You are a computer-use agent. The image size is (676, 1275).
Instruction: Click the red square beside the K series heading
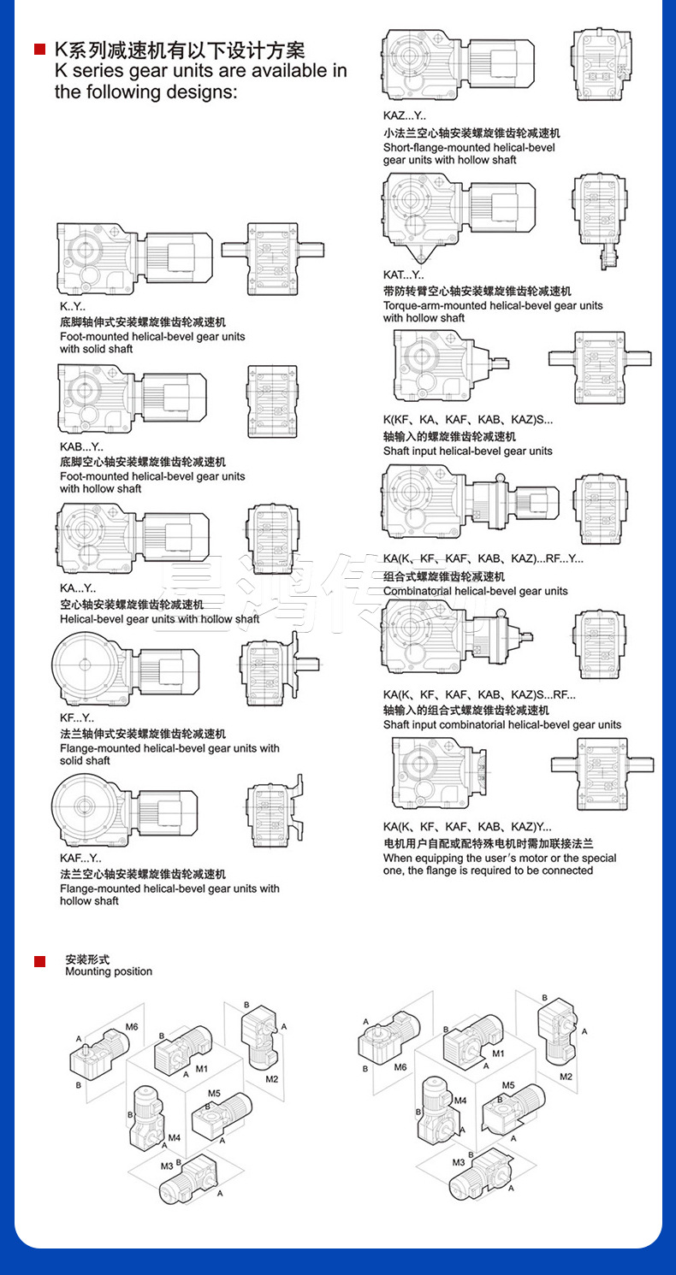39,50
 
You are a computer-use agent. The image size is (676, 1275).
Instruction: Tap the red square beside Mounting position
39,962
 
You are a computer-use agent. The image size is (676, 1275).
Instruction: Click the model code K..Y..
73,307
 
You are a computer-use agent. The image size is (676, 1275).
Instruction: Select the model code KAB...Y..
81,447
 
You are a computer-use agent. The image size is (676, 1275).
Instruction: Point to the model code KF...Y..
77,718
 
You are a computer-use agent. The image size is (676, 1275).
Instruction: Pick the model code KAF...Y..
80,858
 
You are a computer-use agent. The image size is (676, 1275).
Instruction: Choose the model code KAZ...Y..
404,115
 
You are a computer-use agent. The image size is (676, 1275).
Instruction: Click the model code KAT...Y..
403,274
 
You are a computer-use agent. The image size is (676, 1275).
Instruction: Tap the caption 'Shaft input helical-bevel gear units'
468,451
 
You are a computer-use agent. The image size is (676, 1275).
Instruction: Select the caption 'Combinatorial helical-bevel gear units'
475,591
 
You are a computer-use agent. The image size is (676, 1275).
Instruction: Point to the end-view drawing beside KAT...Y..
596,219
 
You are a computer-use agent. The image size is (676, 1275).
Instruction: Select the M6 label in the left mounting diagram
132,1026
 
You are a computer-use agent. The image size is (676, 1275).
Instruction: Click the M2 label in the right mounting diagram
566,1076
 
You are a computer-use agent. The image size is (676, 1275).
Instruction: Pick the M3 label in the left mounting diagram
167,1165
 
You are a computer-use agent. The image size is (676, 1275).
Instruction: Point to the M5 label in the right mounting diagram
508,1085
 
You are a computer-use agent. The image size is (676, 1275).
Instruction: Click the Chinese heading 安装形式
87,959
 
